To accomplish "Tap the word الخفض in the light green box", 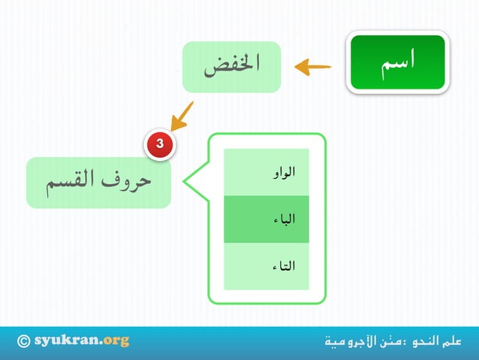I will point(231,66).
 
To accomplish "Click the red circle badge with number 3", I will point(159,143).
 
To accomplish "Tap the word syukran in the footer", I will point(68,340).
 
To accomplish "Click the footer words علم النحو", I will point(435,341).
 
